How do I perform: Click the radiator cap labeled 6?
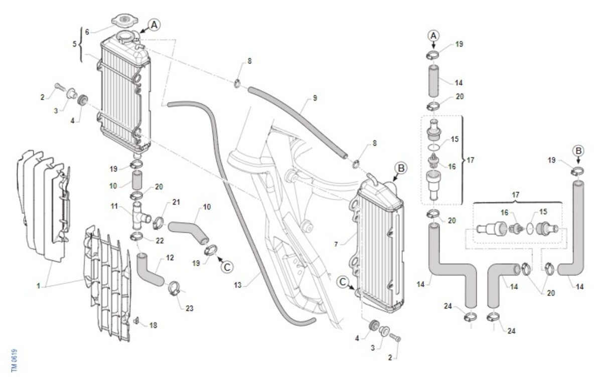coord(125,20)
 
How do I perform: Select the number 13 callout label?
coord(238,285)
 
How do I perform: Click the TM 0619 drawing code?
coord(15,360)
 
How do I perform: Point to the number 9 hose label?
coord(315,98)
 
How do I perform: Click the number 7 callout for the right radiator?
coord(336,244)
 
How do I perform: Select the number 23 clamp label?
coord(190,308)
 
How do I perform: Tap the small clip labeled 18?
coord(136,320)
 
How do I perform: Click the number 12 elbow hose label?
coord(170,258)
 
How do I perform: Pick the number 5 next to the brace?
coord(74,44)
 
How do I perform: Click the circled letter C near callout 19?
coord(227,267)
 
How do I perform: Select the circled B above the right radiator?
coord(401,168)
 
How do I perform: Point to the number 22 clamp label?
coord(160,241)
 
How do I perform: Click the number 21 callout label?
coord(176,202)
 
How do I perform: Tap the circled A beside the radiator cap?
coord(154,25)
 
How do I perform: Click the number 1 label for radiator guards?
coord(39,286)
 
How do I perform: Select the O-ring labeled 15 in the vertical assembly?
coord(433,147)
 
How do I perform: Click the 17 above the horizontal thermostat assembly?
coord(515,195)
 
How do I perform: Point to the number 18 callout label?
coord(153,325)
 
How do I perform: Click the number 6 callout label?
coord(87,32)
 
